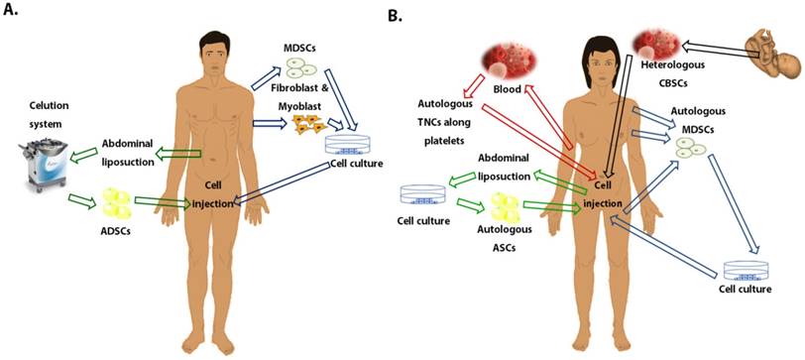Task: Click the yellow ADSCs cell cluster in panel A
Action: (x=118, y=204)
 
